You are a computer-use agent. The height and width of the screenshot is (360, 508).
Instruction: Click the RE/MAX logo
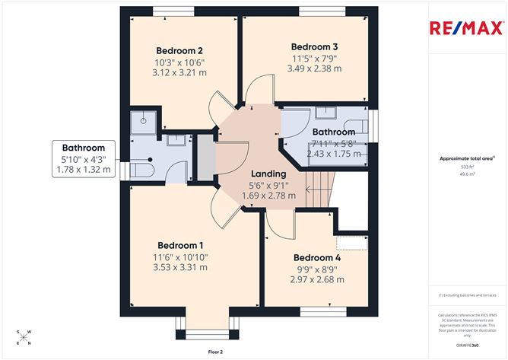pyautogui.click(x=466, y=29)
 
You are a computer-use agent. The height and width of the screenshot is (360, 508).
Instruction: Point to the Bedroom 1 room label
pyautogui.click(x=180, y=245)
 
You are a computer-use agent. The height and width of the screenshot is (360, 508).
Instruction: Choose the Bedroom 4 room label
pyautogui.click(x=318, y=257)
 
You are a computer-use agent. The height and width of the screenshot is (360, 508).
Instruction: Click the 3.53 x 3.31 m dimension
pyautogui.click(x=181, y=269)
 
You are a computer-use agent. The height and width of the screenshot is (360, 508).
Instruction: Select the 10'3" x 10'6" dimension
pyautogui.click(x=181, y=62)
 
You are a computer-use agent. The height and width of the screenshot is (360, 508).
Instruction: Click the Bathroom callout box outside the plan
pyautogui.click(x=84, y=159)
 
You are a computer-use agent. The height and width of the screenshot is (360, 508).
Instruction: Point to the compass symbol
pyautogui.click(x=24, y=338)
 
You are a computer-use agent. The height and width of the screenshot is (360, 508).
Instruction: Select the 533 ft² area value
pyautogui.click(x=466, y=166)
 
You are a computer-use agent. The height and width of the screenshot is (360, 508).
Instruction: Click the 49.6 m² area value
pyautogui.click(x=466, y=174)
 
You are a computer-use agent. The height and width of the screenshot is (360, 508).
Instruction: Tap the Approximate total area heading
pyautogui.click(x=465, y=158)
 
